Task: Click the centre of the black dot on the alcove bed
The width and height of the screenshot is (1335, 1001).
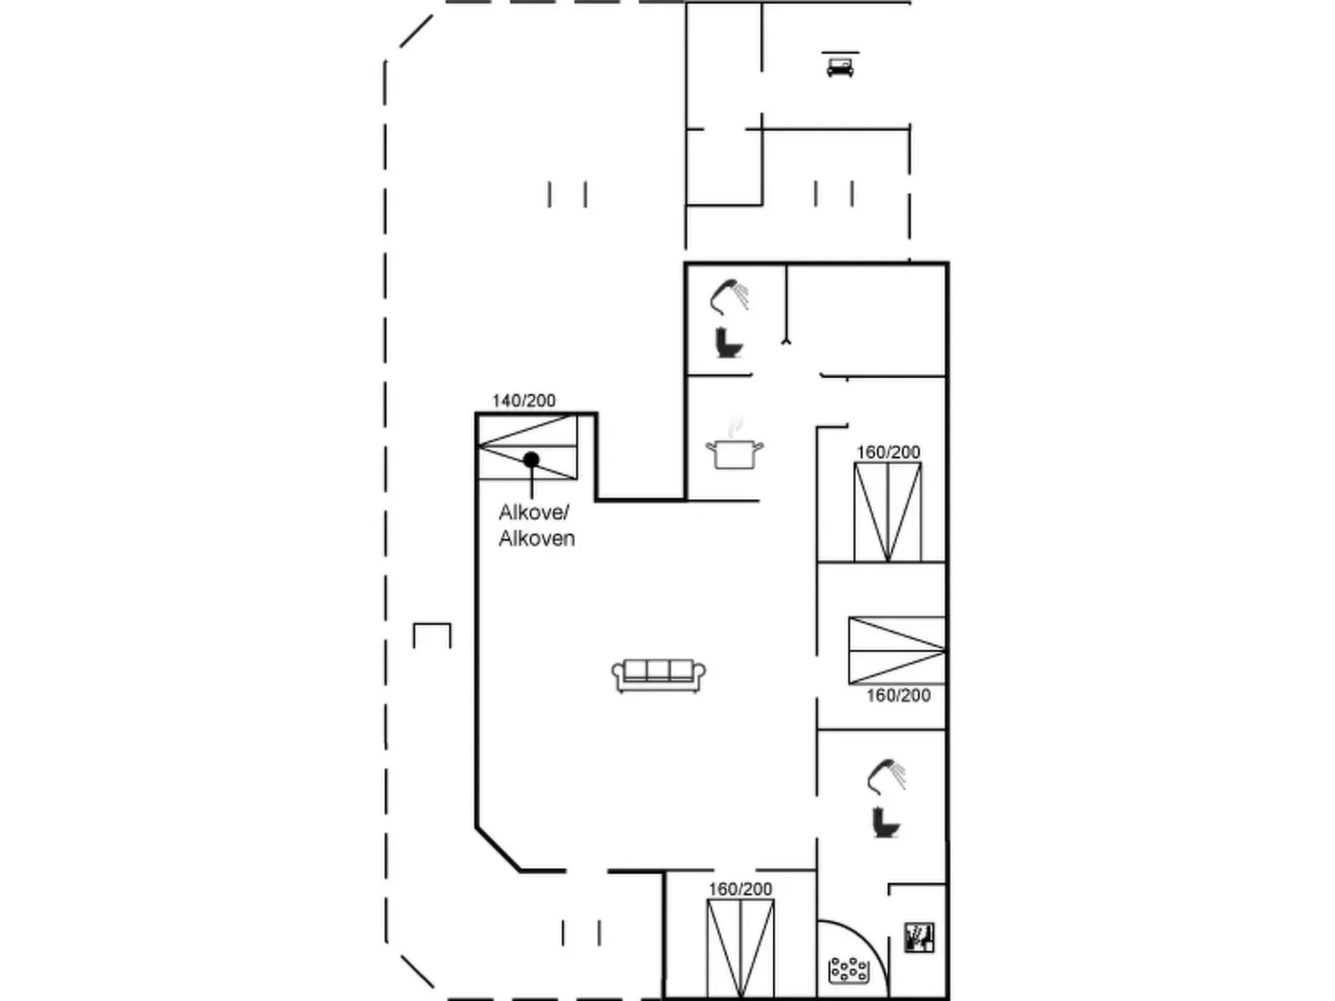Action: (531, 459)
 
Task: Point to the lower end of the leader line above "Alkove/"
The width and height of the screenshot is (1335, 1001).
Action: (531, 498)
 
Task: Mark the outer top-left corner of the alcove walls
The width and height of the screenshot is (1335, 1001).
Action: (475, 413)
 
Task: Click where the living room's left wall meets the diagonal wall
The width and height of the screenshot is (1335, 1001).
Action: (477, 827)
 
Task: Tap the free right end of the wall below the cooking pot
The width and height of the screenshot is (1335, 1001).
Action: (759, 501)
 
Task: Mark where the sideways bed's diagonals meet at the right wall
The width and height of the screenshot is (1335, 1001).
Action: (944, 650)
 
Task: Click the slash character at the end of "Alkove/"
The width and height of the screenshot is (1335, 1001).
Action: (565, 513)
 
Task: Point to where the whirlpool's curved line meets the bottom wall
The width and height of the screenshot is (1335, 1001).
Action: (889, 997)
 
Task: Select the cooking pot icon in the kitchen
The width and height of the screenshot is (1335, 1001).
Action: (734, 448)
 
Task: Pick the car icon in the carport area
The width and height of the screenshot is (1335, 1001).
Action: (840, 66)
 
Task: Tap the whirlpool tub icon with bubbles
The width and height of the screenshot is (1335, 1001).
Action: (849, 970)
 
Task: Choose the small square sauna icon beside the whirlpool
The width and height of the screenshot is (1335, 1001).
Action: (919, 937)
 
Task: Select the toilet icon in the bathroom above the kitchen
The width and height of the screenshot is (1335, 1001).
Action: (729, 343)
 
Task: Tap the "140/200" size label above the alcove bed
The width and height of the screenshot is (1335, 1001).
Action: (524, 400)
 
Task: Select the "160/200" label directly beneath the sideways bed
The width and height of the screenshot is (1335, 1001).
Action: (899, 695)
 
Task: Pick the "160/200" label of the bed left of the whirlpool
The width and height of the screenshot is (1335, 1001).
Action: (740, 889)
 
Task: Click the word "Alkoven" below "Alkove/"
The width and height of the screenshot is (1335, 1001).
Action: (536, 538)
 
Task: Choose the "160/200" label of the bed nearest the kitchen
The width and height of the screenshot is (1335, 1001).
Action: (889, 452)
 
